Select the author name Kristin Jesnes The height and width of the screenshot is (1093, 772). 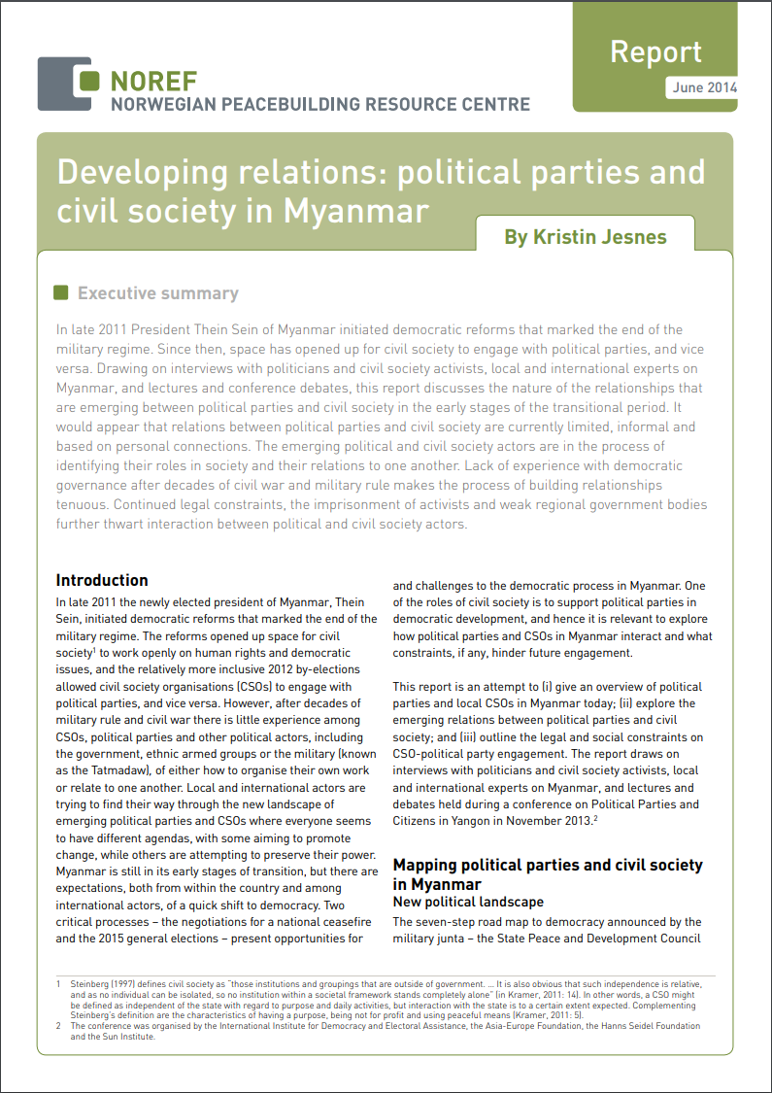tap(585, 237)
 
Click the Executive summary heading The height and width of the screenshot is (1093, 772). tap(157, 293)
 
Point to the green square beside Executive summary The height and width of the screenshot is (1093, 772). tap(61, 292)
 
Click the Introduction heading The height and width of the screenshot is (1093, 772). tap(102, 580)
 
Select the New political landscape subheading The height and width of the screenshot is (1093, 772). tap(468, 903)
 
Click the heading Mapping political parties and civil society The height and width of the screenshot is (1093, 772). tap(548, 865)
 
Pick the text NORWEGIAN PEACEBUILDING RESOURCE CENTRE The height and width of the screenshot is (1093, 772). tap(320, 104)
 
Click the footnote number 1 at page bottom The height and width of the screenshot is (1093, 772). tap(59, 984)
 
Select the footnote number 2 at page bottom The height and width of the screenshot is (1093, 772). tap(59, 1025)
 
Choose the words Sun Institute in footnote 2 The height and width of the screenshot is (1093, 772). tap(120, 1037)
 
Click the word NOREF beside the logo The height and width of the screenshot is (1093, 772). tap(153, 81)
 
